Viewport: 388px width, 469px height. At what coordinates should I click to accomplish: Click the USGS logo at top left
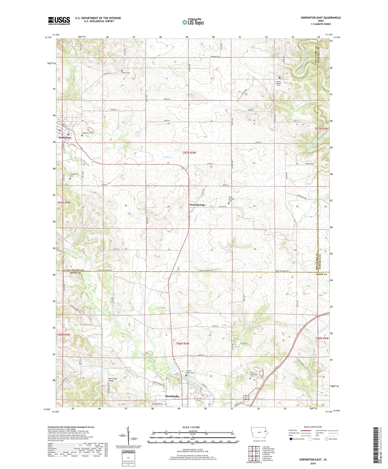[59, 21]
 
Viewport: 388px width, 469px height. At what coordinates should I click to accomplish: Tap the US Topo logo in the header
[193, 22]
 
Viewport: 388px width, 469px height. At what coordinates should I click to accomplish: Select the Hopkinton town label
[65, 138]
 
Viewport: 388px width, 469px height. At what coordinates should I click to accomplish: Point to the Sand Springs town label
[197, 205]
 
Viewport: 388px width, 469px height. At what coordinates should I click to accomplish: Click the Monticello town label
[172, 396]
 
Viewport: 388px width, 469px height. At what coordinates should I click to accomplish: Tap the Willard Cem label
[126, 73]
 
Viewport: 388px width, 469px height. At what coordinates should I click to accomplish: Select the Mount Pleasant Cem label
[278, 83]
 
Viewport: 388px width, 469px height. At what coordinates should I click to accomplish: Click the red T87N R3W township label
[189, 153]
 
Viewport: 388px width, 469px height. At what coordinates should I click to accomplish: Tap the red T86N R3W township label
[183, 343]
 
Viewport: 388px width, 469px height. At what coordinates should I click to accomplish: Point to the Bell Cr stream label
[168, 157]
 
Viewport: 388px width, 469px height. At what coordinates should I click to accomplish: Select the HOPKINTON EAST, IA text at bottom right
[313, 459]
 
